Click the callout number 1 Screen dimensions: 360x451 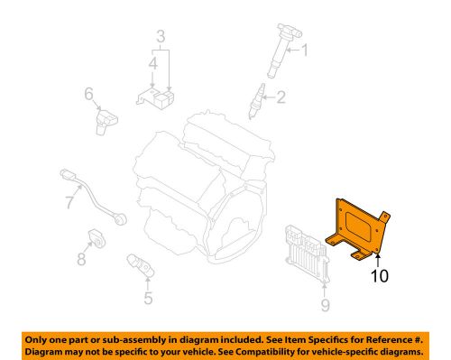[x=304, y=51]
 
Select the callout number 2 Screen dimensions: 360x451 [x=281, y=97]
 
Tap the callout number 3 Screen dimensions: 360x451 [x=160, y=37]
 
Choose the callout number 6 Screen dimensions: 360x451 [x=89, y=93]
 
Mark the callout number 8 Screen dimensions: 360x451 [x=81, y=261]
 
